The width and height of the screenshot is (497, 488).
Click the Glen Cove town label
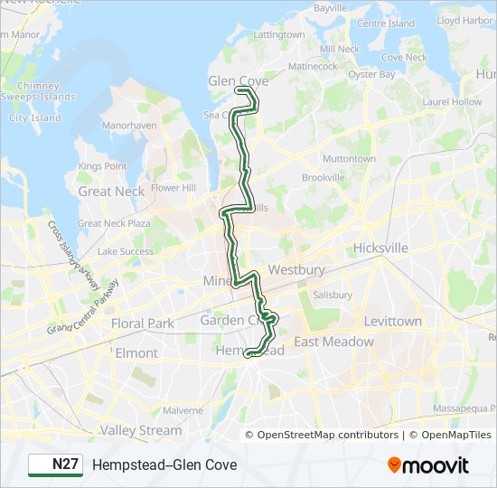tap(239, 81)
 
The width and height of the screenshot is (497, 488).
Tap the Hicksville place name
tap(380, 248)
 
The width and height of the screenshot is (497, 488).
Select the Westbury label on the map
tap(296, 269)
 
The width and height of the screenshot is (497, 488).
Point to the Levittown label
tap(392, 321)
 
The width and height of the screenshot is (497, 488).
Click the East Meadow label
tap(333, 342)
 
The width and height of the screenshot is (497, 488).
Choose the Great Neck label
tap(111, 192)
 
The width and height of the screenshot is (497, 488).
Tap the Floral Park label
tap(142, 323)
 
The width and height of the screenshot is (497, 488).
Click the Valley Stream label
tap(140, 430)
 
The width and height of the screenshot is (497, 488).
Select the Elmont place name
tap(136, 352)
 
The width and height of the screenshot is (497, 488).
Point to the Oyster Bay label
tap(372, 75)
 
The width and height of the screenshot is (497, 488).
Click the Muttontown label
tap(349, 159)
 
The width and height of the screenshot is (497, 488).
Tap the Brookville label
tap(323, 178)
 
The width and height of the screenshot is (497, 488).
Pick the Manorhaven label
tap(129, 126)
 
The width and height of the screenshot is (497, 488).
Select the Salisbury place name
tap(333, 295)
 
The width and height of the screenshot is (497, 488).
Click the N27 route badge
tap(55, 465)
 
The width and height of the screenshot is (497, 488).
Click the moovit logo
tap(428, 465)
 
